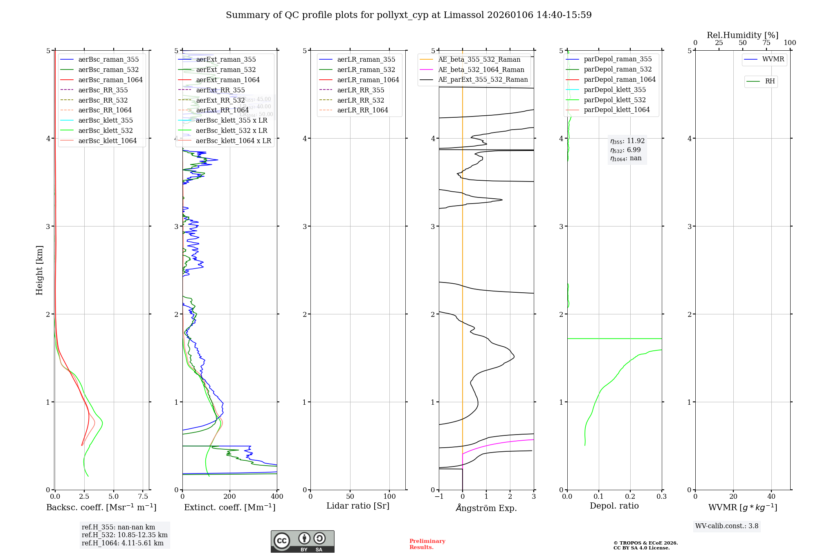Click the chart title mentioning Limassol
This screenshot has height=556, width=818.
pos(409,15)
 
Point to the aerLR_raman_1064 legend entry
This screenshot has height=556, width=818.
pos(368,80)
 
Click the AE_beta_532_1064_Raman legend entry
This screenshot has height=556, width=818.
pos(481,69)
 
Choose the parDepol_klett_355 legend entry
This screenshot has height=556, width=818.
pos(614,90)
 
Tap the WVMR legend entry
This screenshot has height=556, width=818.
pos(773,59)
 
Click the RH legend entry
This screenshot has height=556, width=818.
pos(769,81)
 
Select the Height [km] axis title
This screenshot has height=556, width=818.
pos(39,270)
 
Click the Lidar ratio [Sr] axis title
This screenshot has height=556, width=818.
pos(358,506)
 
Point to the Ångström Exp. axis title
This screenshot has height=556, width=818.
pos(486,508)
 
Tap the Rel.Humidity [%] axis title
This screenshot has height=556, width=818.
pos(742,35)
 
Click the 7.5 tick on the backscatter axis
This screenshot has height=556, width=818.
pos(143,496)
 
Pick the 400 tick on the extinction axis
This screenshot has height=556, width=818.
pos(277,496)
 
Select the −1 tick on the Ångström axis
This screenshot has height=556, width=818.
pos(438,496)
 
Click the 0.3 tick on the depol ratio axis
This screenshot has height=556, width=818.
pos(661,496)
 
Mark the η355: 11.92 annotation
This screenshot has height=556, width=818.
pos(627,141)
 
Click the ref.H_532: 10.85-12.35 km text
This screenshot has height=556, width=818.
pos(124,535)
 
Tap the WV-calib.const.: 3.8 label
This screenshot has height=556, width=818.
pos(726,526)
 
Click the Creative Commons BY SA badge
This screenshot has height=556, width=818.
pos(302,541)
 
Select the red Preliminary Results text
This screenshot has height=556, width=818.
pos(427,544)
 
